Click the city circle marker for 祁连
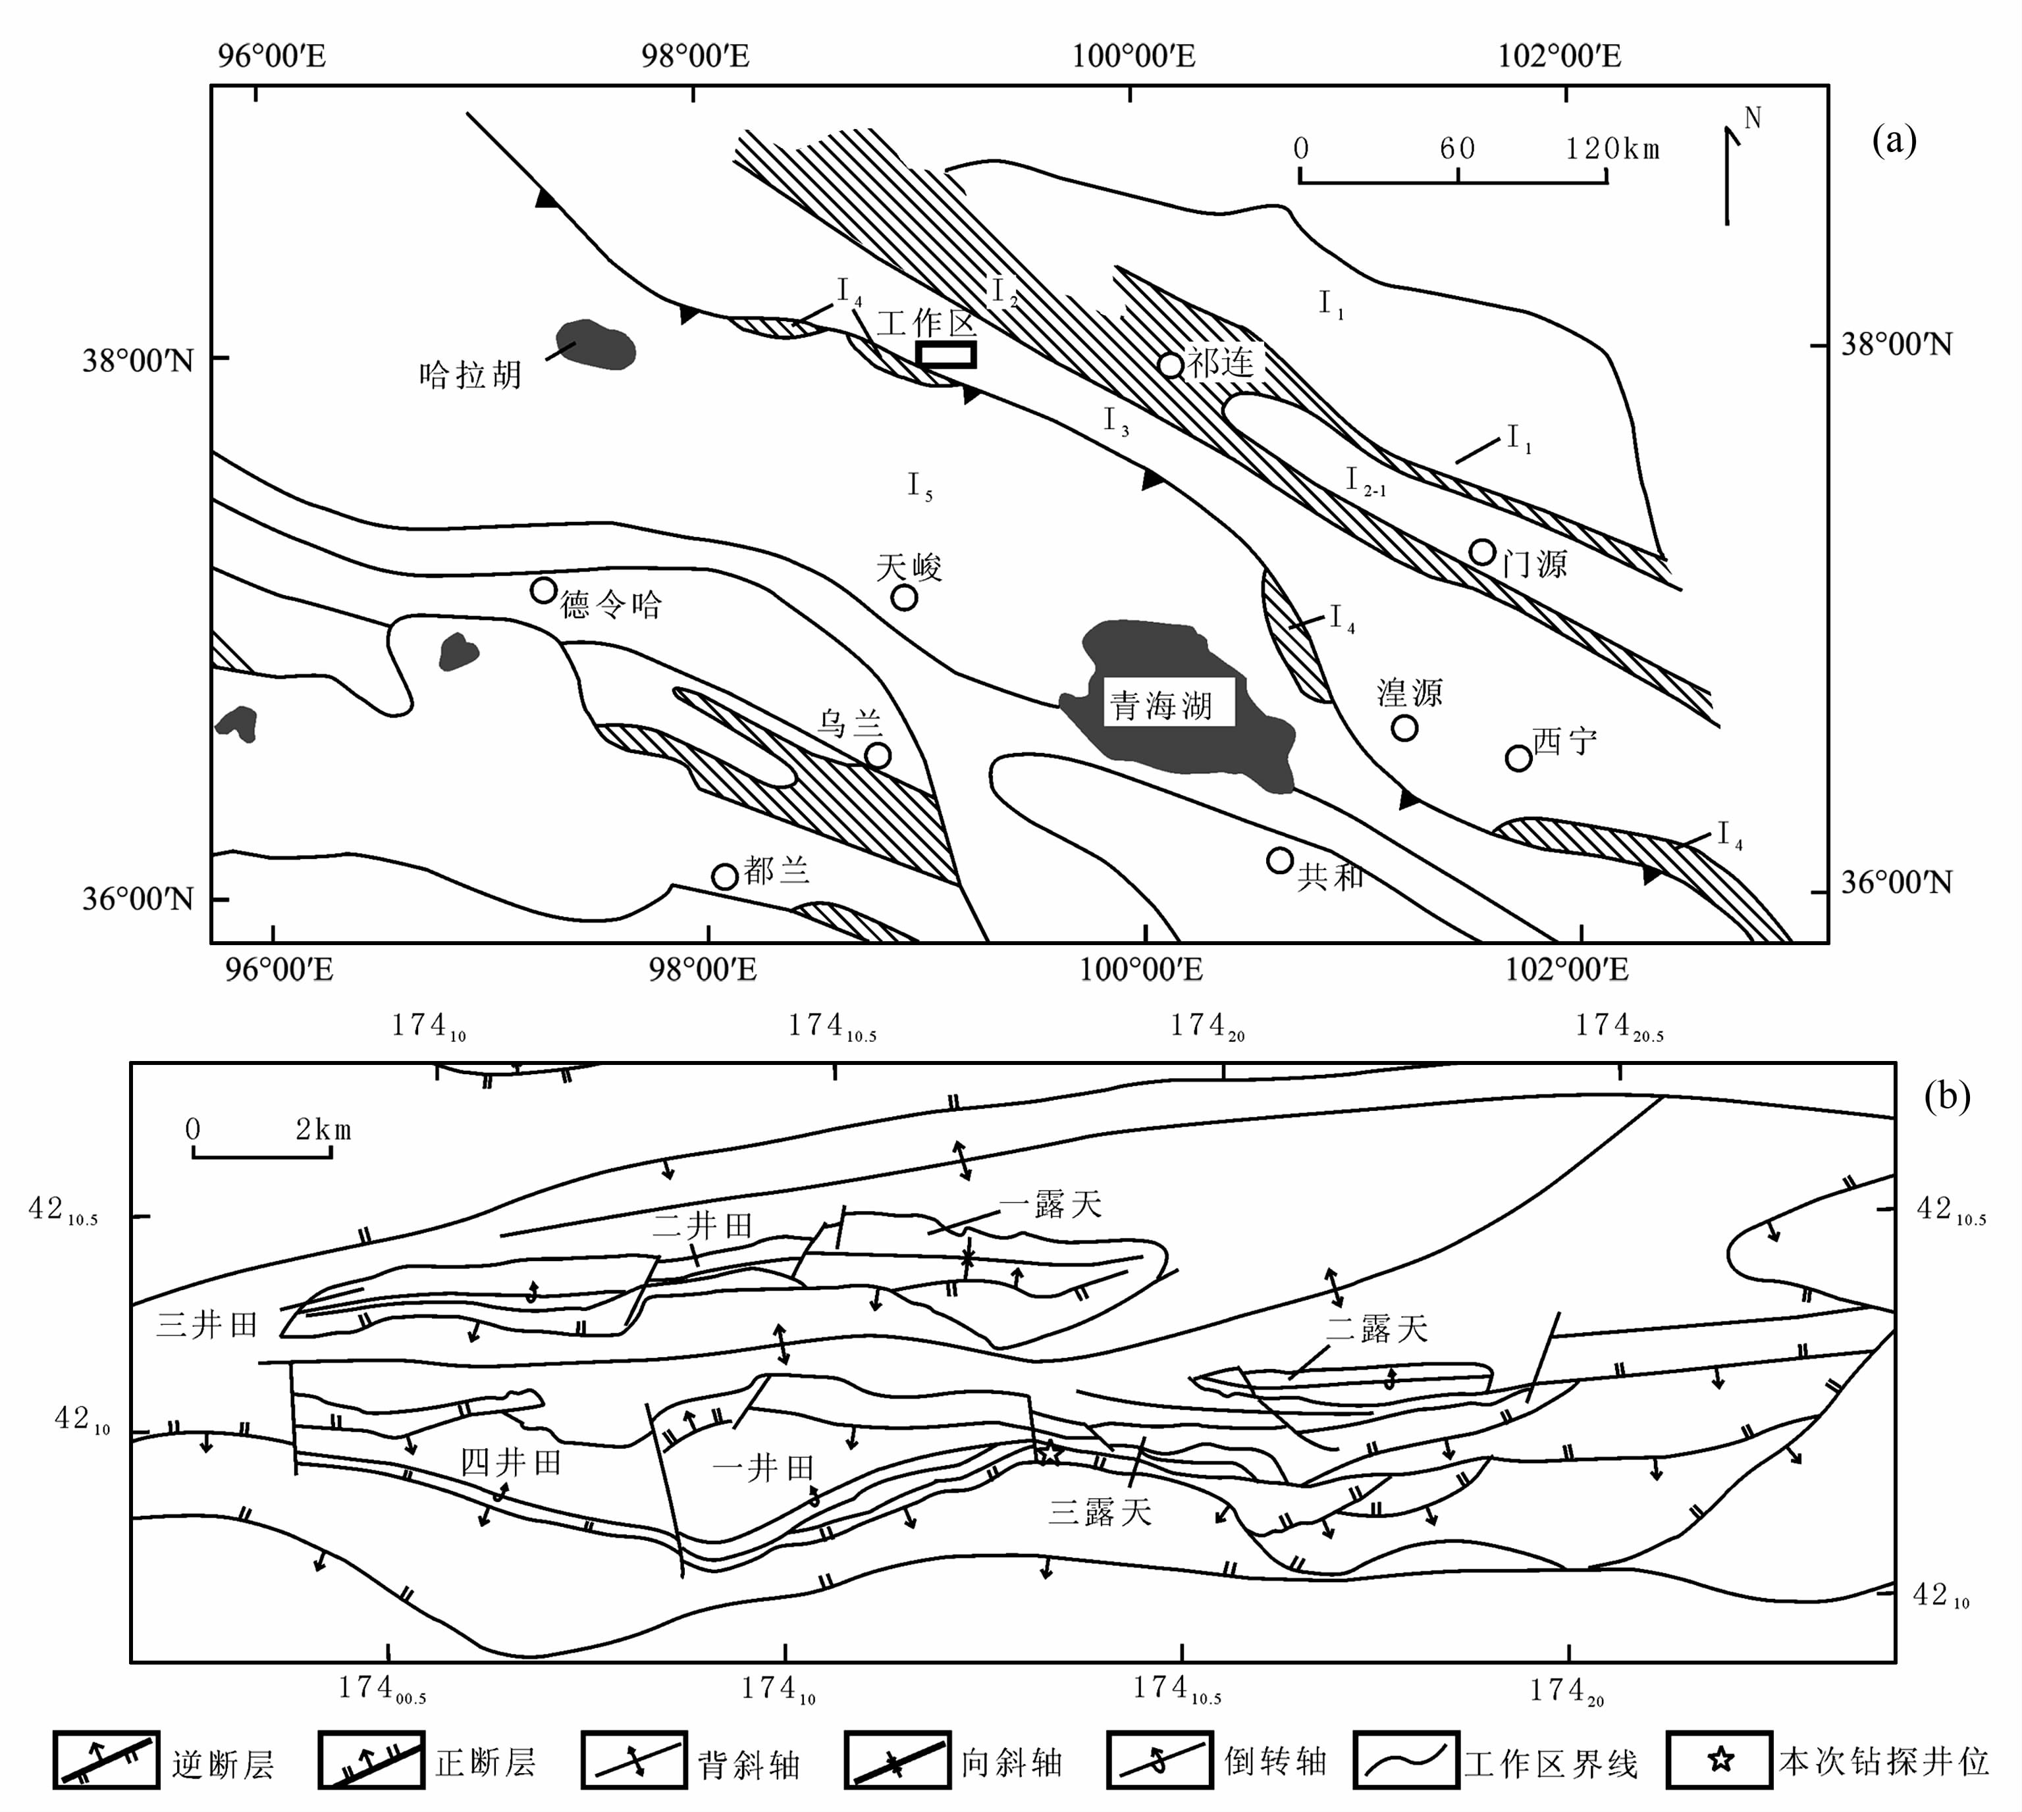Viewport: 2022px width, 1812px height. tap(1171, 365)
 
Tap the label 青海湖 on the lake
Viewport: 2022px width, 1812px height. tap(1161, 706)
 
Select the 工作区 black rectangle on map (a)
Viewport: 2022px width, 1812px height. tap(945, 354)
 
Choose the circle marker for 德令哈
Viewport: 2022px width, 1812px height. tap(543, 590)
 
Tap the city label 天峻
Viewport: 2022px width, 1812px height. tap(909, 567)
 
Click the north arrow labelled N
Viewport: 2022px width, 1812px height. tap(1733, 169)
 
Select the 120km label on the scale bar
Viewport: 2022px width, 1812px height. tap(1612, 149)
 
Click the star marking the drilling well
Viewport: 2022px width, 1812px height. tap(1050, 1453)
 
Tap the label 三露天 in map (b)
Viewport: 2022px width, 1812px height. tap(1100, 1513)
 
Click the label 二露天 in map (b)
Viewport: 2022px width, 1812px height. tap(1377, 1328)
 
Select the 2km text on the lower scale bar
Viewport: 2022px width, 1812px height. tap(323, 1129)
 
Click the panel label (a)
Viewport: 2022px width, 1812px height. tap(1894, 140)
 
